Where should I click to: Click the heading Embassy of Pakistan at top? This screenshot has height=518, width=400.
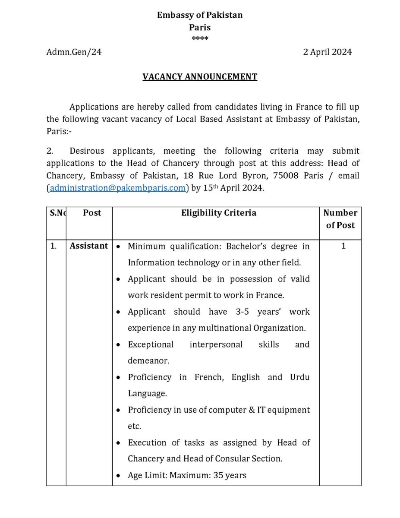click(200, 15)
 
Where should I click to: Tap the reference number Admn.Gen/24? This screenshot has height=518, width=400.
click(74, 52)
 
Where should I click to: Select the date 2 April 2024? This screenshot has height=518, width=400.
click(327, 52)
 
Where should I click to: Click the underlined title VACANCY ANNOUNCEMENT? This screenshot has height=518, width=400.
click(200, 77)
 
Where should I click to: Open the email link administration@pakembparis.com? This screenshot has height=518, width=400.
click(118, 188)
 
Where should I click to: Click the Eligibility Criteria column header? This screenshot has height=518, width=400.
click(218, 213)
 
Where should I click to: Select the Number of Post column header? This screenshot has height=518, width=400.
click(340, 219)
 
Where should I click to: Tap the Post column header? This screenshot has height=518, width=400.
click(92, 213)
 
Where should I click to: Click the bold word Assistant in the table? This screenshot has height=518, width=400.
click(89, 246)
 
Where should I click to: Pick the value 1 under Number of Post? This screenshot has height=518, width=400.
click(343, 246)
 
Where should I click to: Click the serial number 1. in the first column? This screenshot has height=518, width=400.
click(54, 246)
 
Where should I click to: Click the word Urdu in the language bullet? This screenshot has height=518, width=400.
click(300, 377)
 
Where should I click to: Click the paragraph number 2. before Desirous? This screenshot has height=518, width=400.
click(50, 151)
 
